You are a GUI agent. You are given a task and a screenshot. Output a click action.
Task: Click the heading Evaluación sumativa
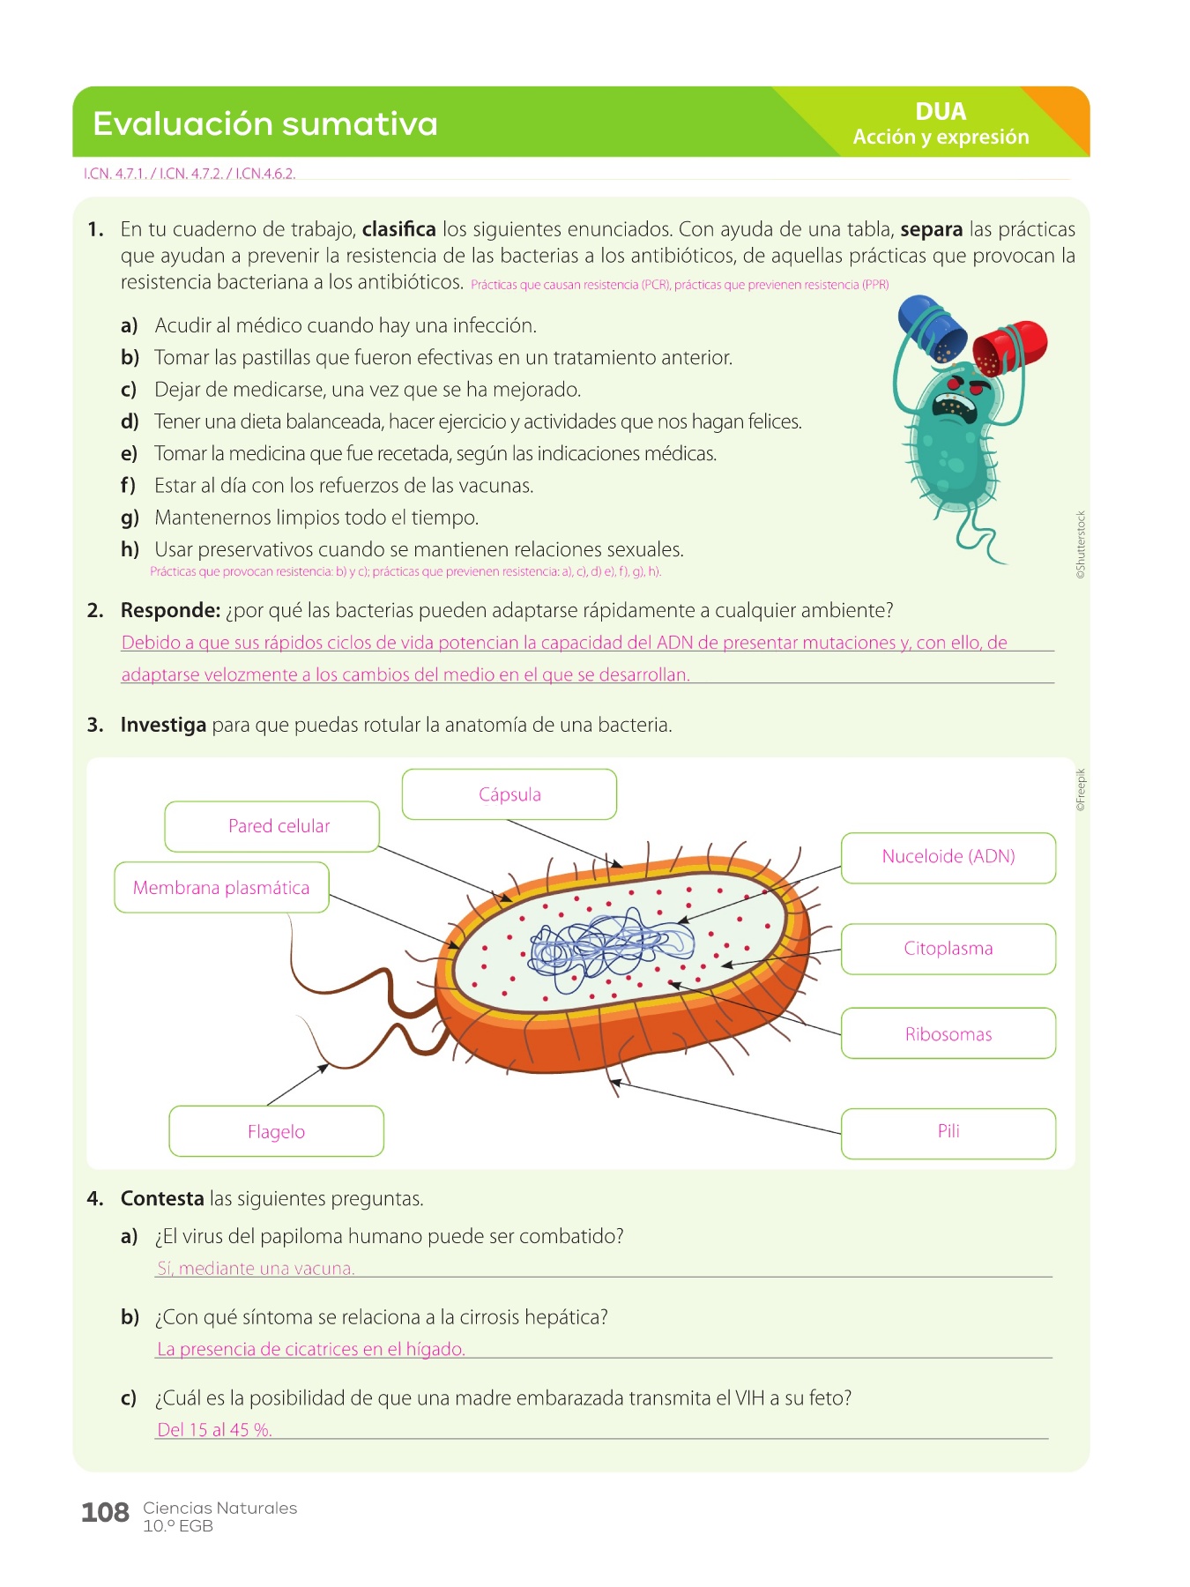coord(264,124)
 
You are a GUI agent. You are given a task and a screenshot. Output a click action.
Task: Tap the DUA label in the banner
coord(941,112)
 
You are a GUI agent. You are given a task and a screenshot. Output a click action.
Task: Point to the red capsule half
coord(1011,346)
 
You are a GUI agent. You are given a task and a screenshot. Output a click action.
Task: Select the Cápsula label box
coord(509,794)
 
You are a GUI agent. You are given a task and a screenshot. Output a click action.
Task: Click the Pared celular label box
coord(272,826)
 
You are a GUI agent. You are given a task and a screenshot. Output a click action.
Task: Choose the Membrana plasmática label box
coord(221,887)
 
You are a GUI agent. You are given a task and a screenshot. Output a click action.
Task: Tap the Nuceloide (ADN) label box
coord(948,857)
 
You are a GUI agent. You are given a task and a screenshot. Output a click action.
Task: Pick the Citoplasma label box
coord(948,949)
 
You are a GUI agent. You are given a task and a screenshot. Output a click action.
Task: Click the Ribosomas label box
coord(948,1033)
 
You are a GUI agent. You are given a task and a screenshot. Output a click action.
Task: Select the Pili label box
coord(948,1132)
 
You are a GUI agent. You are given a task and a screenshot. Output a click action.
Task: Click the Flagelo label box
coord(276,1131)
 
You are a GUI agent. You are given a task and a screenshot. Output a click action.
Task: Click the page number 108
coord(105,1513)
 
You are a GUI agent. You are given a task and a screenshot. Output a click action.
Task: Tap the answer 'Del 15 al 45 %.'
coord(214,1430)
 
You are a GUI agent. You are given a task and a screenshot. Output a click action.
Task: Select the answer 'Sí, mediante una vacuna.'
coord(256,1269)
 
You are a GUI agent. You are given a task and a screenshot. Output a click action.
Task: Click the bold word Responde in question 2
coord(169,610)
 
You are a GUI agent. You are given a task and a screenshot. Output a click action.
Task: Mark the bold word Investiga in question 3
coord(163,725)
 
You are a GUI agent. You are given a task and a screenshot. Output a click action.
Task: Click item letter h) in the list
coord(130,549)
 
